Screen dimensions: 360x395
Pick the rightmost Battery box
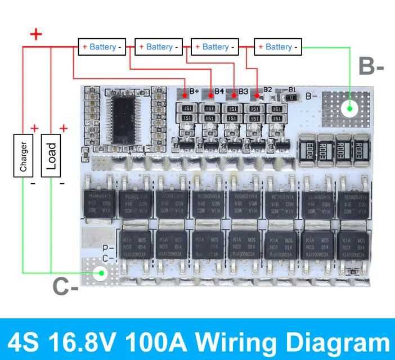[278, 47]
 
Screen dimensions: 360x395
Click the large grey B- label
[371, 66]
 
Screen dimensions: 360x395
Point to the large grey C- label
[65, 287]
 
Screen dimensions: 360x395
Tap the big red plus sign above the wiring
[36, 34]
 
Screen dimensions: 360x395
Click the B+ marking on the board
[195, 91]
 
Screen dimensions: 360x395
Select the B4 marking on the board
[219, 91]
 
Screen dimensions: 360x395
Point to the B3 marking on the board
[243, 91]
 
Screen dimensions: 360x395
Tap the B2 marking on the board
[268, 89]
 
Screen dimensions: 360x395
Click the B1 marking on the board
[291, 89]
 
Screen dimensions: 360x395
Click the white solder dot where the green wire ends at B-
[349, 108]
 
